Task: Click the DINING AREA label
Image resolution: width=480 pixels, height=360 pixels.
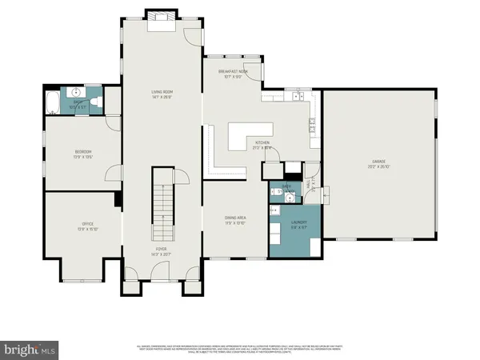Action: [x=235, y=218]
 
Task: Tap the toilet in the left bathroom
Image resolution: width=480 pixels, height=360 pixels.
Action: [x=94, y=103]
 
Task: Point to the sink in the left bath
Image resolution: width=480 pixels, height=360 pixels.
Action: [x=78, y=94]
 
